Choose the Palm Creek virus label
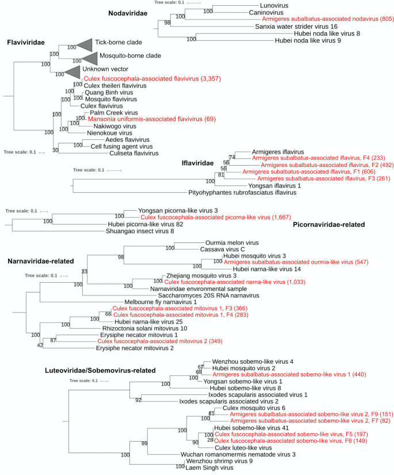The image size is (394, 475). click(114, 113)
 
